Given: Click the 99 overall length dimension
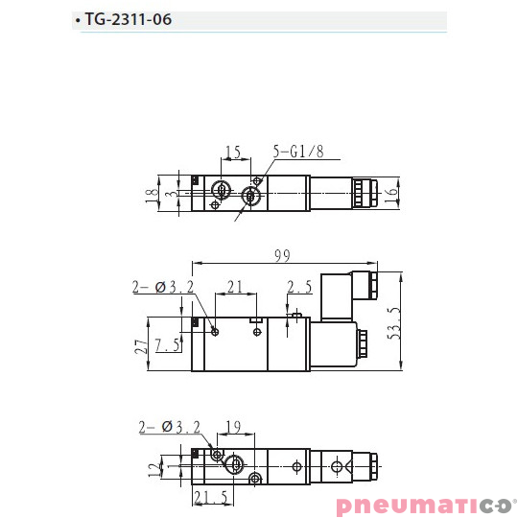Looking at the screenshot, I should pos(281,255).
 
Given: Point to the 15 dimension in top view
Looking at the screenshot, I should pos(232,153).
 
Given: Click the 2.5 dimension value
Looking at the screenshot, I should pos(299,287).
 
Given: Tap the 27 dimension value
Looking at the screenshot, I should pos(140,346).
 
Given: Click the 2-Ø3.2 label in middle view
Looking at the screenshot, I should pos(163,287).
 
